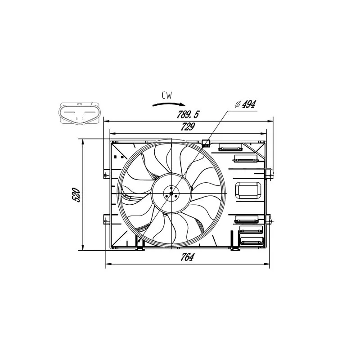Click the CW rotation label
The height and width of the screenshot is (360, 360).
tap(167, 95)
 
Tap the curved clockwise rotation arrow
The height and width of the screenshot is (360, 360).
tap(169, 104)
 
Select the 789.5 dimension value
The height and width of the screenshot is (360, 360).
tap(188, 114)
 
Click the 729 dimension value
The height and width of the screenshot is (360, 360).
tap(188, 127)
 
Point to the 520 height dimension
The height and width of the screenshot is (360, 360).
tap(76, 195)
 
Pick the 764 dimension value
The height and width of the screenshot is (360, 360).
tap(187, 257)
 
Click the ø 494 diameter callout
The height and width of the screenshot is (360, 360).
tap(245, 104)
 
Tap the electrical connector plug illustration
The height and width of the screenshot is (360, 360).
tap(80, 114)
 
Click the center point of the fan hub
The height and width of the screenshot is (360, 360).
tap(171, 193)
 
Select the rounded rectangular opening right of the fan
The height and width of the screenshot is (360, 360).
tap(248, 190)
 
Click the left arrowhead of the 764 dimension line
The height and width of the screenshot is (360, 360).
tap(108, 264)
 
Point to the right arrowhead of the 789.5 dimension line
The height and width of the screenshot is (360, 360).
tap(270, 121)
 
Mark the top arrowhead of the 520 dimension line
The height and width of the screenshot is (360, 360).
tap(83, 142)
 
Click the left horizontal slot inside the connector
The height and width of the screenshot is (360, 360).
tap(69, 112)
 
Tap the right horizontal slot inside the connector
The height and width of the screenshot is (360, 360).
tap(90, 112)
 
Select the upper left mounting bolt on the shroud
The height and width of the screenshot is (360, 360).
tap(106, 175)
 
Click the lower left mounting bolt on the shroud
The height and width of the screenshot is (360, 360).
tap(106, 221)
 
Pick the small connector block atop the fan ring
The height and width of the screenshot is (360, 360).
tap(206, 144)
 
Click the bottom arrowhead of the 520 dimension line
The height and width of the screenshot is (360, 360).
tap(83, 247)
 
